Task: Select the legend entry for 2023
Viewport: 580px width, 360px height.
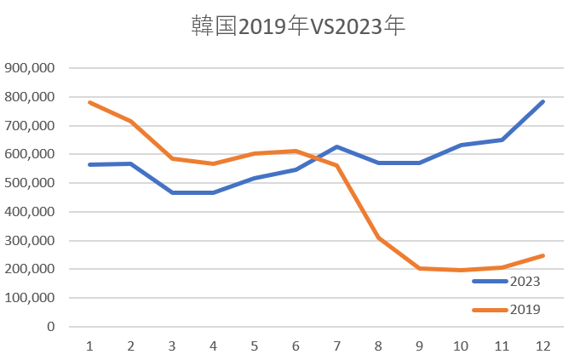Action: coord(525,281)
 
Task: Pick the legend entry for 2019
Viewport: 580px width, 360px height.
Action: coord(525,310)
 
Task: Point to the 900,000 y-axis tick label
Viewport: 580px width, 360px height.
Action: coord(30,68)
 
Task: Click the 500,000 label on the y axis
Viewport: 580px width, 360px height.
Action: coord(30,183)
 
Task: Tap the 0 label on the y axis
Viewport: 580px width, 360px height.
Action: coord(51,327)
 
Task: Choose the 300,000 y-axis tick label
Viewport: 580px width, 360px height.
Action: coord(30,241)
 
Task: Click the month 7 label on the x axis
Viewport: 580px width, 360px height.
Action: coord(336,346)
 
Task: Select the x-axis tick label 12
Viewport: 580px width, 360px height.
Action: coord(543,346)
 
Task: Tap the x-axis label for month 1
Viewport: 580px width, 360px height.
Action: coord(89,346)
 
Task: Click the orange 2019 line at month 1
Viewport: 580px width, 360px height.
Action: coord(89,102)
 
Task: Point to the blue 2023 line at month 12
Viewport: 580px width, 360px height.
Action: coord(543,101)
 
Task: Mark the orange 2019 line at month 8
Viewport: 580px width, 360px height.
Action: coord(377,237)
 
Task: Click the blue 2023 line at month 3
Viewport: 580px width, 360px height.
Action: coord(172,192)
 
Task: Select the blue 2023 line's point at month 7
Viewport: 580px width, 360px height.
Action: coord(336,146)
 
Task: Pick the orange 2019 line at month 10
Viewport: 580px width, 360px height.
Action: coord(460,270)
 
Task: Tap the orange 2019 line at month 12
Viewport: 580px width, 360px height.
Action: coord(543,255)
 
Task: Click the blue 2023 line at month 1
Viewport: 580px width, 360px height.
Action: coord(89,164)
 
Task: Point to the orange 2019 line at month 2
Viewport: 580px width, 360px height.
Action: coord(130,121)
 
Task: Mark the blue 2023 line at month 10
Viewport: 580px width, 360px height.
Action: coord(460,145)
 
